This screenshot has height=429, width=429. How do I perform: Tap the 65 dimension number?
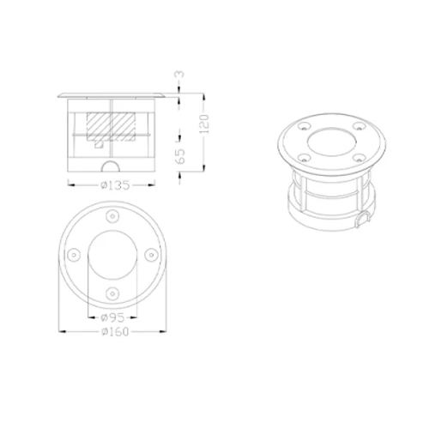pyautogui.click(x=179, y=155)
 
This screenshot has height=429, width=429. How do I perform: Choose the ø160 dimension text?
pyautogui.click(x=112, y=331)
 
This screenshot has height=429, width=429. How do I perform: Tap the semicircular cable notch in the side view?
pyautogui.click(x=112, y=167)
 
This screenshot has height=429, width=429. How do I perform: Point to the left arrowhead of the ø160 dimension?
pyautogui.click(x=60, y=331)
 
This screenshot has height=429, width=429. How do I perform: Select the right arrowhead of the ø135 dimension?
pyautogui.click(x=157, y=184)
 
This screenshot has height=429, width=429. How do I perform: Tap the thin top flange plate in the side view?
pyautogui.click(x=112, y=91)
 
